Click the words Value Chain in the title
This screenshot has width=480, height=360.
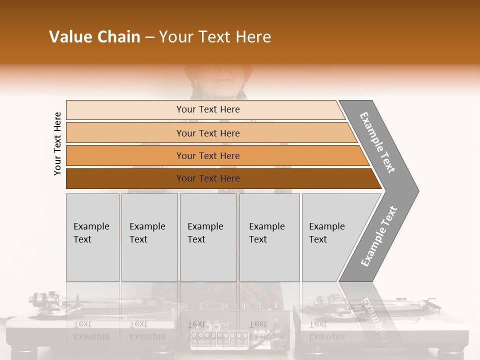(94, 37)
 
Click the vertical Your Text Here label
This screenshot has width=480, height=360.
(57, 143)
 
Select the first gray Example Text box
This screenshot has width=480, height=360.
(92, 237)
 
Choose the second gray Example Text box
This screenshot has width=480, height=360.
(149, 237)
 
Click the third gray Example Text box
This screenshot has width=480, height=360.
(208, 237)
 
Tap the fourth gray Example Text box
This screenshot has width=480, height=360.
(269, 237)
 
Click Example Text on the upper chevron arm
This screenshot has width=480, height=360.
(377, 142)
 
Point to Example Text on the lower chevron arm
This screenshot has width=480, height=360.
(379, 236)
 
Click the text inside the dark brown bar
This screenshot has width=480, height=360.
(208, 178)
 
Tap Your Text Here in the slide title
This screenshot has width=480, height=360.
(215, 37)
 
